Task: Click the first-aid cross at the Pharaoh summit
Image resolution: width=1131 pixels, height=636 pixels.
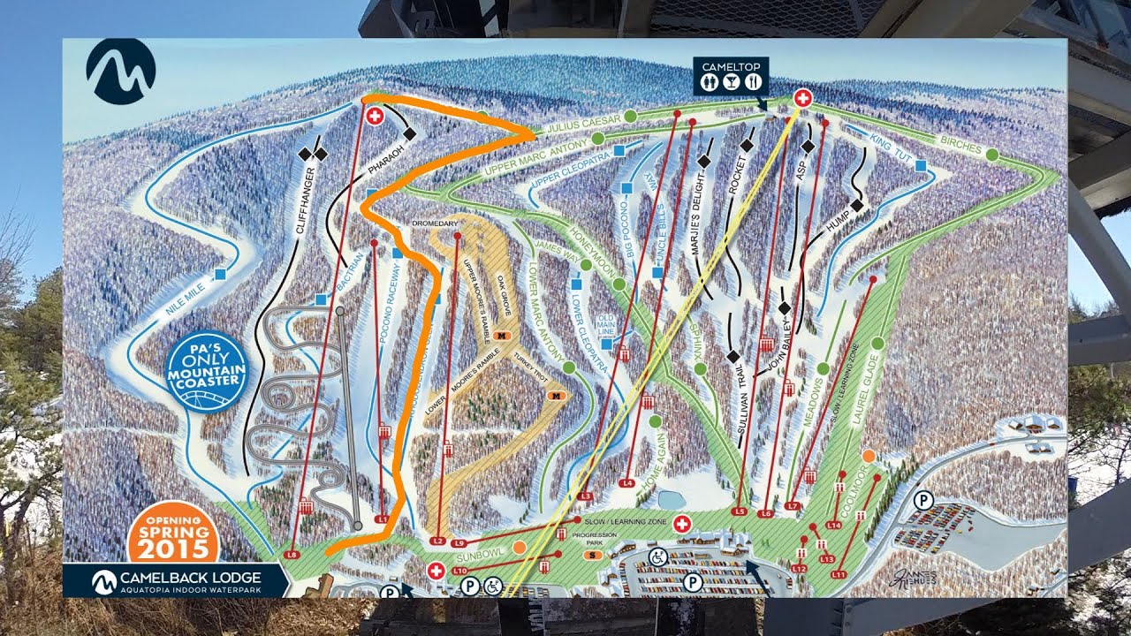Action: click(x=374, y=116)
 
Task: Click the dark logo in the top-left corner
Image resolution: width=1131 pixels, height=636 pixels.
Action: click(x=120, y=71)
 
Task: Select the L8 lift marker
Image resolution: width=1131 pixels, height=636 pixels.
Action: click(x=294, y=555)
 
